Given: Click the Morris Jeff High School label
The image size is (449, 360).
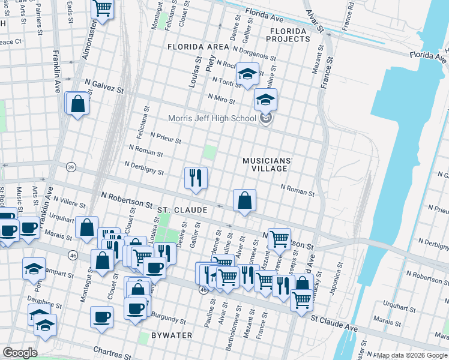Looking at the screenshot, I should pyautogui.click(x=212, y=118).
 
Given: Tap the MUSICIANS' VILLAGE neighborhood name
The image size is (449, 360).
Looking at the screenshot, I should pyautogui.click(x=268, y=165).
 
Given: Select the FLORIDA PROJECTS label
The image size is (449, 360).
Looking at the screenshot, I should pyautogui.click(x=290, y=35).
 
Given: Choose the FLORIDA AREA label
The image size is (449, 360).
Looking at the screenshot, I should pyautogui.click(x=198, y=46).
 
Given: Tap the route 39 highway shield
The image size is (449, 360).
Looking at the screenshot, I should pyautogui.click(x=71, y=167).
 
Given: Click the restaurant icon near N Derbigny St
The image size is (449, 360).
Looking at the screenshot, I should pyautogui.click(x=196, y=178).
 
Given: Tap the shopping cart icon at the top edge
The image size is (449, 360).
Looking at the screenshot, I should pyautogui.click(x=103, y=8).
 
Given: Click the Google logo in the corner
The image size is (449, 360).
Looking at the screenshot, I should pyautogui.click(x=19, y=353).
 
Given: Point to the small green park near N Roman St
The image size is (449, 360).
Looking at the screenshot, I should pyautogui.click(x=209, y=151).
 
